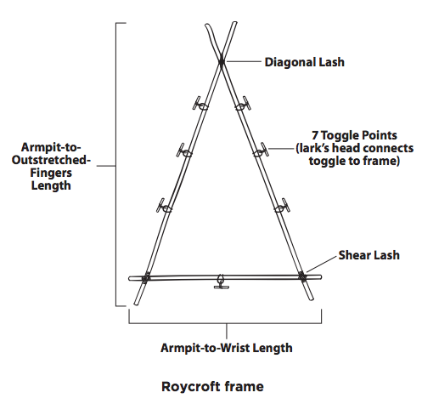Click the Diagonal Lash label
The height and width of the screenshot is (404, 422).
click(x=304, y=62)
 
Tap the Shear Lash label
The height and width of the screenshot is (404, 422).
click(x=369, y=255)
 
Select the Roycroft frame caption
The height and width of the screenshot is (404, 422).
click(x=212, y=386)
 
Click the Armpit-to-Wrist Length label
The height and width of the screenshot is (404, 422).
click(x=227, y=348)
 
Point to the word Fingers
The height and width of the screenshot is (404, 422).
click(x=51, y=173)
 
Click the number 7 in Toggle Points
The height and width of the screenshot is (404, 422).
click(x=315, y=135)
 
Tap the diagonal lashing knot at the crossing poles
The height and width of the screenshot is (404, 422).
click(x=222, y=61)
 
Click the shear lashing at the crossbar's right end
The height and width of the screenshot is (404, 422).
click(x=302, y=276)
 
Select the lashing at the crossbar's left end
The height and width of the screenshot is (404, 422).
click(x=146, y=277)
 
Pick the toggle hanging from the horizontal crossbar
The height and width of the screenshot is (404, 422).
click(x=221, y=282)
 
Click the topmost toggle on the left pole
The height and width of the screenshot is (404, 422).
click(x=200, y=104)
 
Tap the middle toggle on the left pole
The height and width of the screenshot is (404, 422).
click(x=183, y=151)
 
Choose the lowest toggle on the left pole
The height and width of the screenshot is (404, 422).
click(x=164, y=206)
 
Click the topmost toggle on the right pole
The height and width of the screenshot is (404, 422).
click(x=243, y=104)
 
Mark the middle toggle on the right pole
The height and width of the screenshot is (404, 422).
click(x=261, y=151)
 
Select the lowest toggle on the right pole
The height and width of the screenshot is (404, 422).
click(x=282, y=206)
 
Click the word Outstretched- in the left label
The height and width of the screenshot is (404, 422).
click(x=51, y=160)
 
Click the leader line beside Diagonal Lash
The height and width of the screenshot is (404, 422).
click(x=243, y=61)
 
